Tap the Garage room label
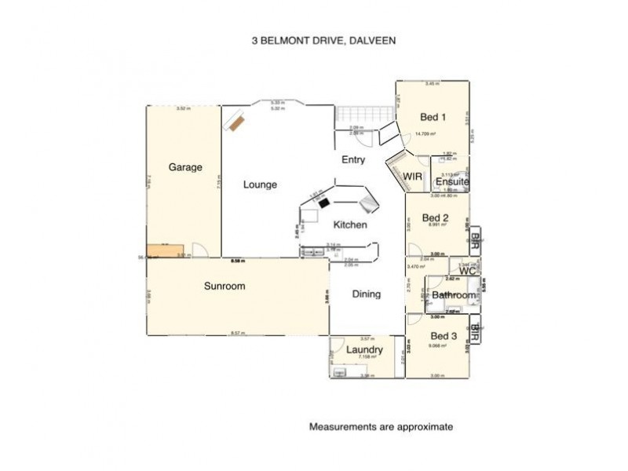coord(185,167)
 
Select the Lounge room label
coord(260,185)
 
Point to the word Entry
coord(353,159)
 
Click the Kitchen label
coord(350,225)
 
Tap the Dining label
coord(366,294)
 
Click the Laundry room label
coord(363,349)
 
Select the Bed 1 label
coord(433,118)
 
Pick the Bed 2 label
coord(435,217)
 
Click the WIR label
coord(414,177)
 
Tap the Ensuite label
coord(453,182)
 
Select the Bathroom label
coord(454,295)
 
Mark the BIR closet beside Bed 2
coord(476,239)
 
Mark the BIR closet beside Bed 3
coord(476,333)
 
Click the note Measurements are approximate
coord(381,428)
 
